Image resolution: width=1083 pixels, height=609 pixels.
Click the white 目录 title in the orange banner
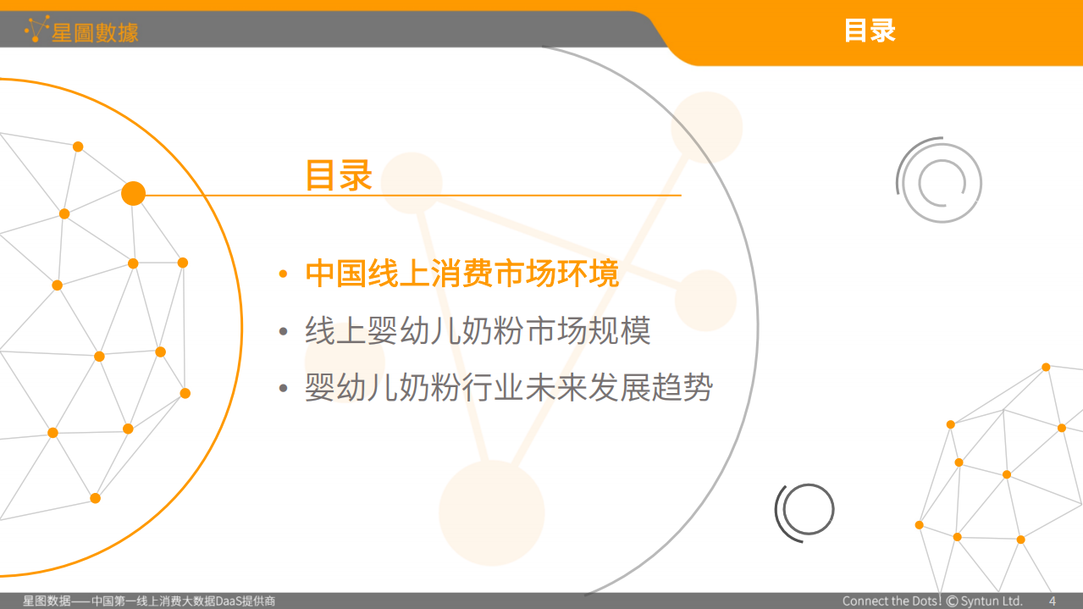[870, 31]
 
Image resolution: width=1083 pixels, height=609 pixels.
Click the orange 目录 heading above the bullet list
[339, 175]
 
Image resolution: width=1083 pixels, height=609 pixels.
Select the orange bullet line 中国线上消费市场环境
[462, 274]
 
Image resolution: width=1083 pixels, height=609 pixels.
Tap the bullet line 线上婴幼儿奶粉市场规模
[478, 331]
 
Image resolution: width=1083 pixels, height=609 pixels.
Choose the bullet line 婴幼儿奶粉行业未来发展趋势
[509, 388]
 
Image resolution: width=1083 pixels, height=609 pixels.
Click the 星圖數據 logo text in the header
[95, 33]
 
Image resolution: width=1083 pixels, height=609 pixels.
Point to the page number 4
[1053, 601]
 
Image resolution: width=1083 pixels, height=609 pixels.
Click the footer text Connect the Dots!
[892, 601]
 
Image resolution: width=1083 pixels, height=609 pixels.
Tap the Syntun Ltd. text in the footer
[992, 601]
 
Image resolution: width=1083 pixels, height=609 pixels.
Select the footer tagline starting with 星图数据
[149, 601]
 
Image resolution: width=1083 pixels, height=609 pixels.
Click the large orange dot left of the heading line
[133, 194]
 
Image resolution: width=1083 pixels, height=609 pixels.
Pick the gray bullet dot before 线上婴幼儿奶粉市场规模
[284, 332]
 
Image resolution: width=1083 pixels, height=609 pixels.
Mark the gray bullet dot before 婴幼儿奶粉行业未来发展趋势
[284, 389]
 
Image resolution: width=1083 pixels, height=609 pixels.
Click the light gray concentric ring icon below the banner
[939, 180]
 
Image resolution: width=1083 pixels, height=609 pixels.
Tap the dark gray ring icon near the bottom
[805, 510]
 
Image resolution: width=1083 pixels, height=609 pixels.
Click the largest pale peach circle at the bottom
[491, 512]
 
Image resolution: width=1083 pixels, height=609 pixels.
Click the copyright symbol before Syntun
[953, 601]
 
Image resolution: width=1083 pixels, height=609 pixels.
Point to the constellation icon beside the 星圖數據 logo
[36, 29]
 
